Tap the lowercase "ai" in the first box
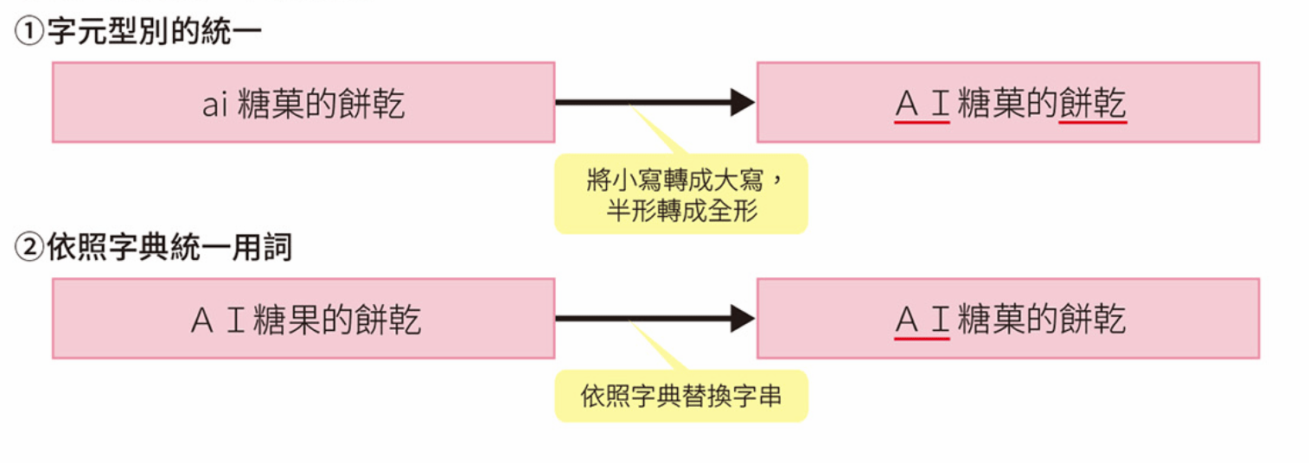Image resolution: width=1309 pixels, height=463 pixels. [x=213, y=105]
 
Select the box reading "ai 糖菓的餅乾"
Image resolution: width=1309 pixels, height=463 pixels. [x=303, y=102]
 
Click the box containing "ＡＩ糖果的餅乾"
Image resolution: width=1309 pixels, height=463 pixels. [x=303, y=319]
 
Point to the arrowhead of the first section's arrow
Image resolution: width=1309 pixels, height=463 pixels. [x=743, y=102]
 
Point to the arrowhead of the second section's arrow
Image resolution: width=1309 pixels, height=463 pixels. [x=743, y=319]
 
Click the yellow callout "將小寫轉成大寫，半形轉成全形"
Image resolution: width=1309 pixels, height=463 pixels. [x=680, y=194]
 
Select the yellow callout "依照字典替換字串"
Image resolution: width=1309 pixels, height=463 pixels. [x=680, y=396]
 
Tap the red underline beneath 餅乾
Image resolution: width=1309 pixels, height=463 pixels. [x=1092, y=123]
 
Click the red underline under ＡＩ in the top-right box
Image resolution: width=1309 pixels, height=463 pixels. [x=922, y=123]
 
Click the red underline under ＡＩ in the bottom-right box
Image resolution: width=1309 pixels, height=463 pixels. [x=922, y=339]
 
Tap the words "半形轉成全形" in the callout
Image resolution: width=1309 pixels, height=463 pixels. [x=681, y=210]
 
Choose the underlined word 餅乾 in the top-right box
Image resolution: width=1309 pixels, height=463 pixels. [x=1092, y=105]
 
